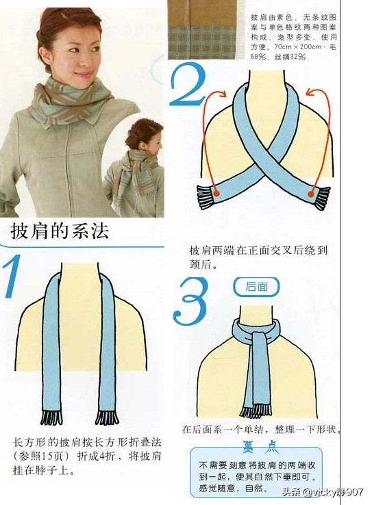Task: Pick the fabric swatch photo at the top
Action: pyautogui.click(x=203, y=29)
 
